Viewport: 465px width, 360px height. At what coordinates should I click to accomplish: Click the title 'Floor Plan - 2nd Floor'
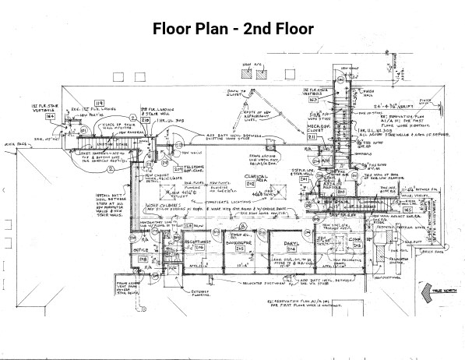(233, 30)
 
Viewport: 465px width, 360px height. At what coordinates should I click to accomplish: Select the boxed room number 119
(99, 102)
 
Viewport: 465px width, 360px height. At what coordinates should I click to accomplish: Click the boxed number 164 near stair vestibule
(50, 116)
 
